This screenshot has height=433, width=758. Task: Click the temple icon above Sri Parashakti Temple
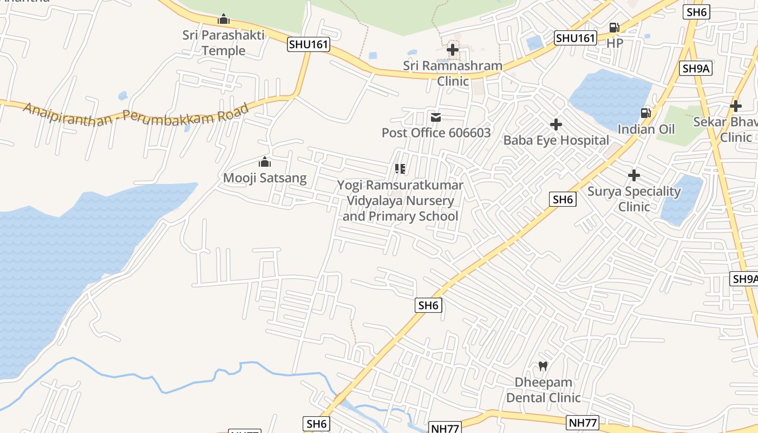point(224,19)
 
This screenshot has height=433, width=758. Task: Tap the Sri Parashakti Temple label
point(224,43)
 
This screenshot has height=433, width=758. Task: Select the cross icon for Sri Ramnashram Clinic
point(453,50)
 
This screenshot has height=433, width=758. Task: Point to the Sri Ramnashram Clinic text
point(453,73)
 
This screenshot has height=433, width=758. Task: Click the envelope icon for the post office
point(436,117)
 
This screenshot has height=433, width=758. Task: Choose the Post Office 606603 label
point(436,133)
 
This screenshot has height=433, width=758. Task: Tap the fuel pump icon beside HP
point(615,27)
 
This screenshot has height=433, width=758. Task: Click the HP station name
point(615,42)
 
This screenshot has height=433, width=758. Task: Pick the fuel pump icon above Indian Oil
point(645,113)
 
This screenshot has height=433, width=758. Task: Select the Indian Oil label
point(646,129)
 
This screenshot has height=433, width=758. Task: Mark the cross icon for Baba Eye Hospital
point(556,125)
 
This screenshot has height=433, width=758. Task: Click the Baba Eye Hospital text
point(556,140)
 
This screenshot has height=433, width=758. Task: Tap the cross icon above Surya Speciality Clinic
point(634,175)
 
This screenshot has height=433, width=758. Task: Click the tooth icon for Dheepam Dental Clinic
point(543,366)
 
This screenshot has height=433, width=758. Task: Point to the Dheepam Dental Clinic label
point(543,390)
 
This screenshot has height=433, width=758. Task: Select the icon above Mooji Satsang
point(265,162)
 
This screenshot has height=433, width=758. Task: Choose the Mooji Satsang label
point(265,178)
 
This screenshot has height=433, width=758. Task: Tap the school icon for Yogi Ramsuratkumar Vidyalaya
point(400,169)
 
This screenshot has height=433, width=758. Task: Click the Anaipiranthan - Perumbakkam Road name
point(135,114)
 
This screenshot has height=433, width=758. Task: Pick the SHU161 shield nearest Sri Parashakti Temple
point(308,44)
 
